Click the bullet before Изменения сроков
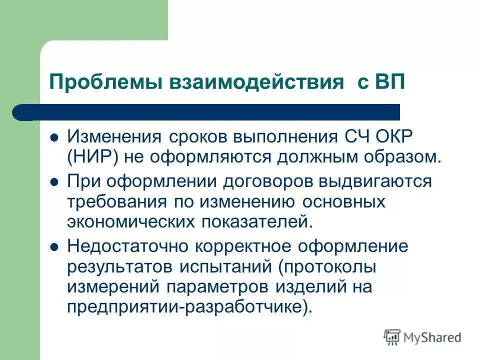tap(55, 136)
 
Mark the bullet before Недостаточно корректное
tap(55, 246)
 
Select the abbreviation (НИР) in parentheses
tap(92, 156)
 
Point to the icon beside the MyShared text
tap(392, 336)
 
